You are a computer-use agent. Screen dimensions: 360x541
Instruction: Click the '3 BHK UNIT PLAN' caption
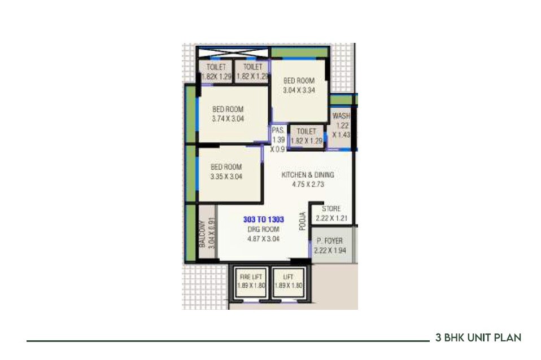(478, 338)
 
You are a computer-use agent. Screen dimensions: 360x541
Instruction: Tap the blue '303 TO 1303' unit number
(263, 219)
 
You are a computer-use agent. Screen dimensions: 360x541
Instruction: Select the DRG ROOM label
(263, 229)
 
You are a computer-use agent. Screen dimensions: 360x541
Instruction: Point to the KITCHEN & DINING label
(308, 175)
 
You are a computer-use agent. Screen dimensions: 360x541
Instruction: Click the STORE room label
(331, 209)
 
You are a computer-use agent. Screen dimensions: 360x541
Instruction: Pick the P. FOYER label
(330, 241)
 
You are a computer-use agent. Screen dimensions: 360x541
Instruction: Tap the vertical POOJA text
(303, 221)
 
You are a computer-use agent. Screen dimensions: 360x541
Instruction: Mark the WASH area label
(341, 117)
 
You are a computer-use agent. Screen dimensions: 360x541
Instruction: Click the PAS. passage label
(277, 130)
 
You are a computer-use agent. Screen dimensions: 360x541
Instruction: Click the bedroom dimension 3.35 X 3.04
(226, 176)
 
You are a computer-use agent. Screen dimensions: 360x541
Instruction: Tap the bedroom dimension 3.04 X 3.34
(299, 90)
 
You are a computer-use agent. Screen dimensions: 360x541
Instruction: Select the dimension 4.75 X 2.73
(308, 184)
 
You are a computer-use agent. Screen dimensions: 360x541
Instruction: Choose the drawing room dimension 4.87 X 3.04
(263, 239)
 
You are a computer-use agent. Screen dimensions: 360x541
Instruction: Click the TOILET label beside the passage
(306, 131)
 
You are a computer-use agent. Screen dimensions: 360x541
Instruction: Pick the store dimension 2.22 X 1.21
(331, 218)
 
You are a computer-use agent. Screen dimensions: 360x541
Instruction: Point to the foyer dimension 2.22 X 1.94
(330, 250)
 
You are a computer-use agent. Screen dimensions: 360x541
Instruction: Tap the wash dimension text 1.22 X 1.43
(341, 130)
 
